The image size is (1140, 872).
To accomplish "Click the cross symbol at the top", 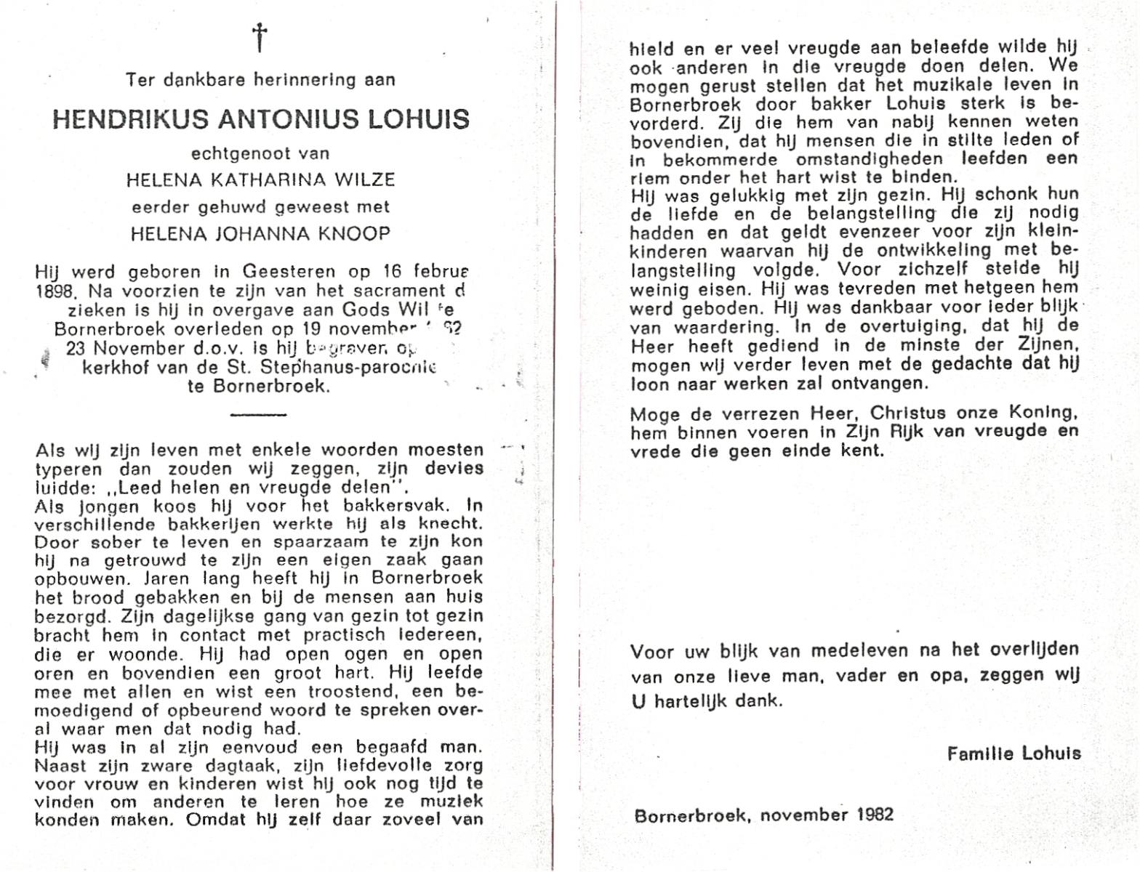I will (x=260, y=38).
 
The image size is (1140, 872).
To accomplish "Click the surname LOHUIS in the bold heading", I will (x=419, y=119).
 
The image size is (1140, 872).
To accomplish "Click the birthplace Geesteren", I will (x=289, y=272).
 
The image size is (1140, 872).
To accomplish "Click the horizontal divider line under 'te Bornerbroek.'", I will (x=259, y=415).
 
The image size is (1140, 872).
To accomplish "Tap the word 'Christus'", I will (x=902, y=413).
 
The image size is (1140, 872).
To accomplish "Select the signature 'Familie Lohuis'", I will (x=1013, y=754).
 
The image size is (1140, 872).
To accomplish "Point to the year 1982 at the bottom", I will (x=875, y=814).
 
